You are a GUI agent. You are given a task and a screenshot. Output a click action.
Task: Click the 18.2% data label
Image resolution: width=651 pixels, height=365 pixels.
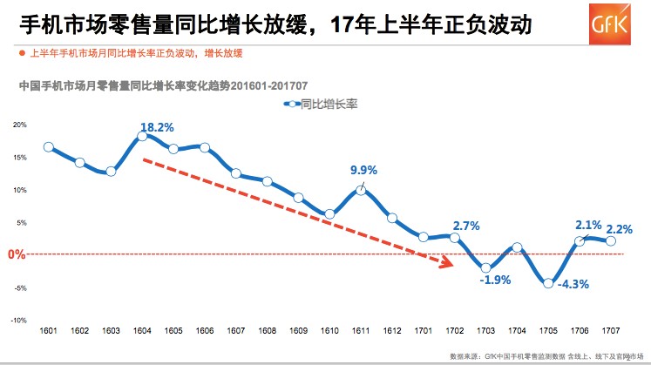pyautogui.click(x=157, y=127)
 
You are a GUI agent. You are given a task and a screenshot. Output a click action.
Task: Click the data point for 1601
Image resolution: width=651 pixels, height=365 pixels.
pyautogui.click(x=49, y=147)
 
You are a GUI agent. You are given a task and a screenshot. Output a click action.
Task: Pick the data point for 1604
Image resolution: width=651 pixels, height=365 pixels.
pyautogui.click(x=142, y=137)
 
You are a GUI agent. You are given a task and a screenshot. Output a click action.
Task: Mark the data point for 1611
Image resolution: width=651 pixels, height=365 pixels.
pyautogui.click(x=361, y=190)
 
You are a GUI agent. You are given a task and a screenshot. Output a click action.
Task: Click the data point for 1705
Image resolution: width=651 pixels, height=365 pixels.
pyautogui.click(x=548, y=282)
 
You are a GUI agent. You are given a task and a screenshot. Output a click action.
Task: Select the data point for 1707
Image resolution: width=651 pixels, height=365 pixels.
pyautogui.click(x=611, y=241)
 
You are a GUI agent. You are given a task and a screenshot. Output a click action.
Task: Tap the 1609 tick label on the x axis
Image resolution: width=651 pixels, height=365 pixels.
pyautogui.click(x=298, y=332)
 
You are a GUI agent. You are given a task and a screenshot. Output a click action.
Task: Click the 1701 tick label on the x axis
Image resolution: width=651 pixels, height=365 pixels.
pyautogui.click(x=423, y=332)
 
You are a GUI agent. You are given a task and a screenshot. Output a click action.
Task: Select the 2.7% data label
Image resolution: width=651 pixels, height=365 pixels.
pyautogui.click(x=466, y=226)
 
